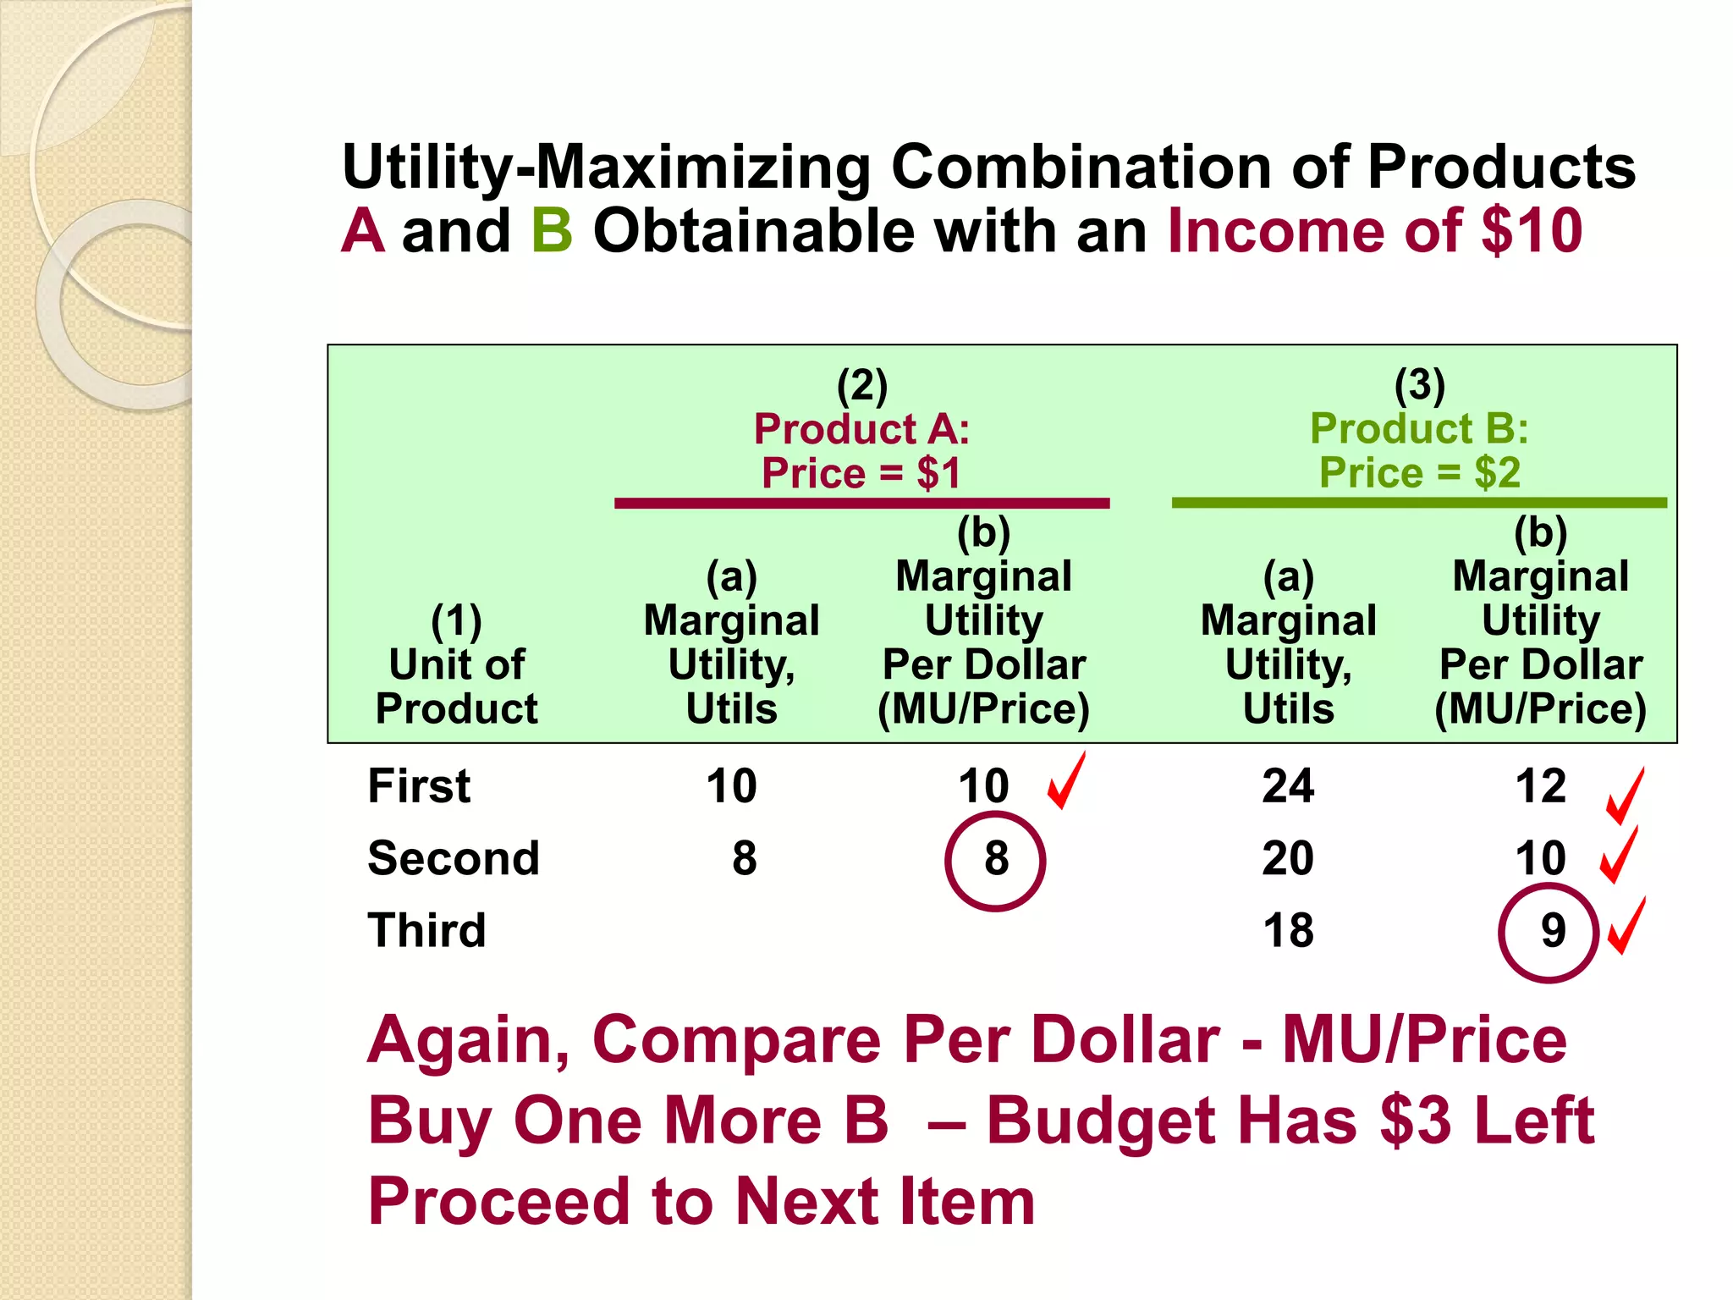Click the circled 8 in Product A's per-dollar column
[996, 860]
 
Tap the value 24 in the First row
[1288, 786]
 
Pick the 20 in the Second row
[1288, 859]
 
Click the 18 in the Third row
[1288, 931]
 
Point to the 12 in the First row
[1540, 786]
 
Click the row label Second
[454, 859]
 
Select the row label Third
[426, 931]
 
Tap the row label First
[419, 786]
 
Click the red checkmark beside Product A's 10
[1065, 782]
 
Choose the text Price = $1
[861, 473]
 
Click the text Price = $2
[1419, 473]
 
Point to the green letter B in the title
[552, 231]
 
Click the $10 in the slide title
[1532, 231]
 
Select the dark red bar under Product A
[861, 504]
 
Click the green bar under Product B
[1418, 504]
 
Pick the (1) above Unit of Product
[456, 622]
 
